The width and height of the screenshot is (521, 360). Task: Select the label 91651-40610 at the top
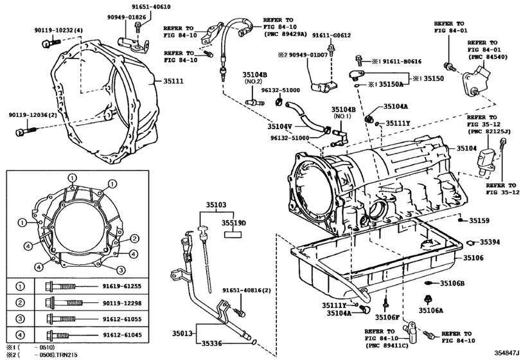click(147, 6)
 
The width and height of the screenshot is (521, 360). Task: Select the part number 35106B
click(452, 283)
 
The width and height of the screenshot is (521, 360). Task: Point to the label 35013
click(184, 333)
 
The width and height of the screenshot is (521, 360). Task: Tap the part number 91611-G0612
click(331, 36)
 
